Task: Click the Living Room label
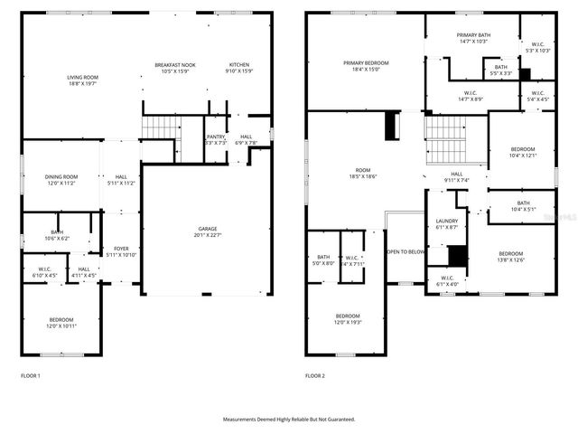tap(82, 81)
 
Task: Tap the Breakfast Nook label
tap(174, 68)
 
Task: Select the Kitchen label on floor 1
tap(239, 68)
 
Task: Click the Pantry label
tap(215, 139)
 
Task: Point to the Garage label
tap(208, 231)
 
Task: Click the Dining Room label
tap(62, 179)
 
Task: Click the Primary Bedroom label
tap(366, 65)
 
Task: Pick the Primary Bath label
tap(473, 38)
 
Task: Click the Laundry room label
tap(446, 223)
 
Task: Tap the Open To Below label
tap(406, 251)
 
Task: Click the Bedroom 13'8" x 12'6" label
tap(510, 256)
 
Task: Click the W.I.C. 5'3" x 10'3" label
tap(537, 47)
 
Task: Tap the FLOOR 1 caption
tap(30, 375)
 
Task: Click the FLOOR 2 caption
tap(314, 375)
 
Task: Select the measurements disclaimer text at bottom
tap(289, 420)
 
